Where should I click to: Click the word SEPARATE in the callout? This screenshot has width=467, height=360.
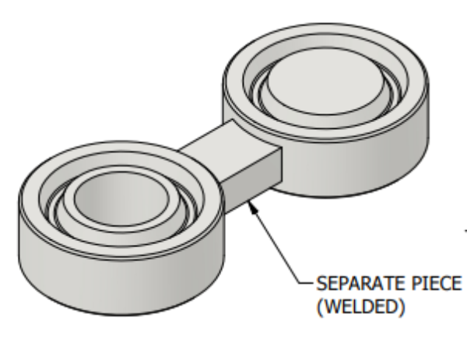(x=362, y=284)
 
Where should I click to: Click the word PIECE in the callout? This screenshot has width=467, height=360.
(x=437, y=284)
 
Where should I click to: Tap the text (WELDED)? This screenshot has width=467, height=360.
(x=360, y=306)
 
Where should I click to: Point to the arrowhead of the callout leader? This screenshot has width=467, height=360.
(x=253, y=207)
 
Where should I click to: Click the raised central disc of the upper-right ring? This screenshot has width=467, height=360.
(x=325, y=81)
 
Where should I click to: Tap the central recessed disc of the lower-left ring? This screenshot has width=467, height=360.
(x=121, y=198)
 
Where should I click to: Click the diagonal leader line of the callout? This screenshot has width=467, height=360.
(x=276, y=242)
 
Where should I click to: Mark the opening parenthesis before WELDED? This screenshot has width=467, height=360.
(x=320, y=307)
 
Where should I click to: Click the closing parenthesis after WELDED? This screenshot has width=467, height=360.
(x=402, y=307)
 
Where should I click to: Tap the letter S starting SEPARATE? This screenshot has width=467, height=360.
(x=321, y=284)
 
